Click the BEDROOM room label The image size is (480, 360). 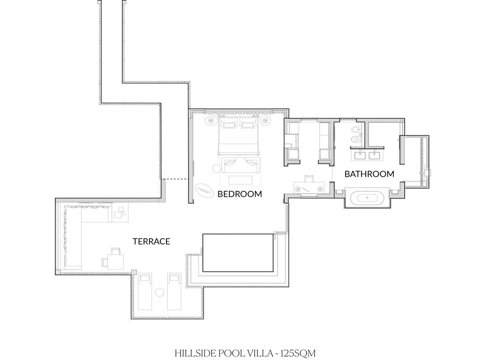tap(240, 194)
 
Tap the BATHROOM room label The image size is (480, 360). tap(369, 174)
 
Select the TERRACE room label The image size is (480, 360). tap(151, 241)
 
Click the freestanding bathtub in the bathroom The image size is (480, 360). tap(367, 198)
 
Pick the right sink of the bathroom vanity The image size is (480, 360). tap(375, 155)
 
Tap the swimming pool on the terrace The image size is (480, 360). tap(238, 253)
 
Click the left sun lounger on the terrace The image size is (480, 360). tap(145, 292)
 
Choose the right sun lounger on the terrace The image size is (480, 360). tap(174, 292)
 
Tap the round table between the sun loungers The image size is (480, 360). tap(159, 292)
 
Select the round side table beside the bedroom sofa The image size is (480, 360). tap(217, 168)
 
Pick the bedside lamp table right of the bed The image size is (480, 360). tap(265, 120)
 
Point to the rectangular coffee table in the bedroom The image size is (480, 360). tap(240, 180)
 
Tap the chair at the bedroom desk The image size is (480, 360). tap(309, 179)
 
